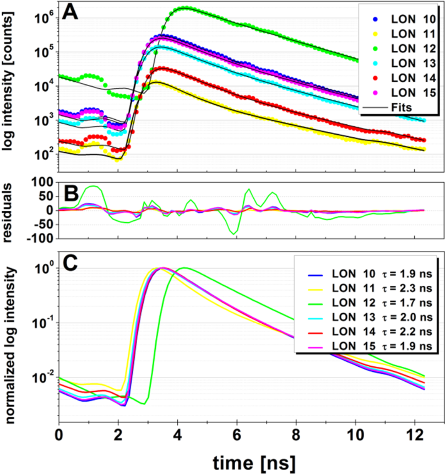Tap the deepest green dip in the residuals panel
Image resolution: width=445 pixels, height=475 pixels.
tap(235, 234)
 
